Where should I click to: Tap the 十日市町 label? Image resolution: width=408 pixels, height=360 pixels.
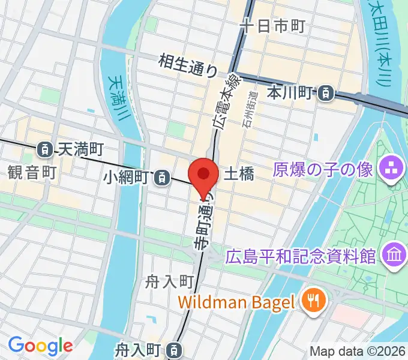coord(272,26)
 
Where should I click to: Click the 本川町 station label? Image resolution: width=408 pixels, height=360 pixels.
coord(291,92)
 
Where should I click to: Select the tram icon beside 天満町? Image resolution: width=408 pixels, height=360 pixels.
coord(44,148)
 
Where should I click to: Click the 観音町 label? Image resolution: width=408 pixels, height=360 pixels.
coord(32,173)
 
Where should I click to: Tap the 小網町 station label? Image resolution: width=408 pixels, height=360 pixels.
coord(126,177)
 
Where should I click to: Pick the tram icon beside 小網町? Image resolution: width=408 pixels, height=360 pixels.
coord(161,177)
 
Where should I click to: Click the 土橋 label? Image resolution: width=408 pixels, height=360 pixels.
coord(238,174)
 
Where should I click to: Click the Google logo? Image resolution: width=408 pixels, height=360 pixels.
coord(40,346)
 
